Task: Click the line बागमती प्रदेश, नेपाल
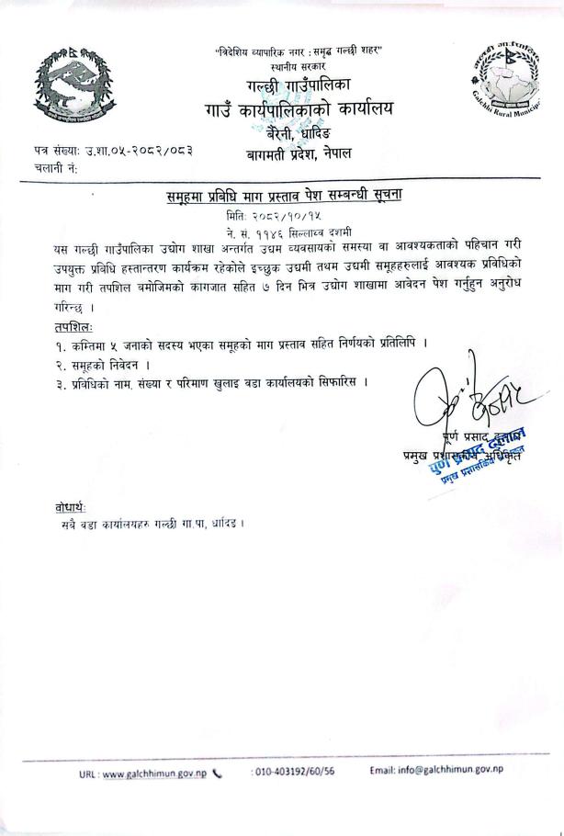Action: (x=299, y=154)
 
